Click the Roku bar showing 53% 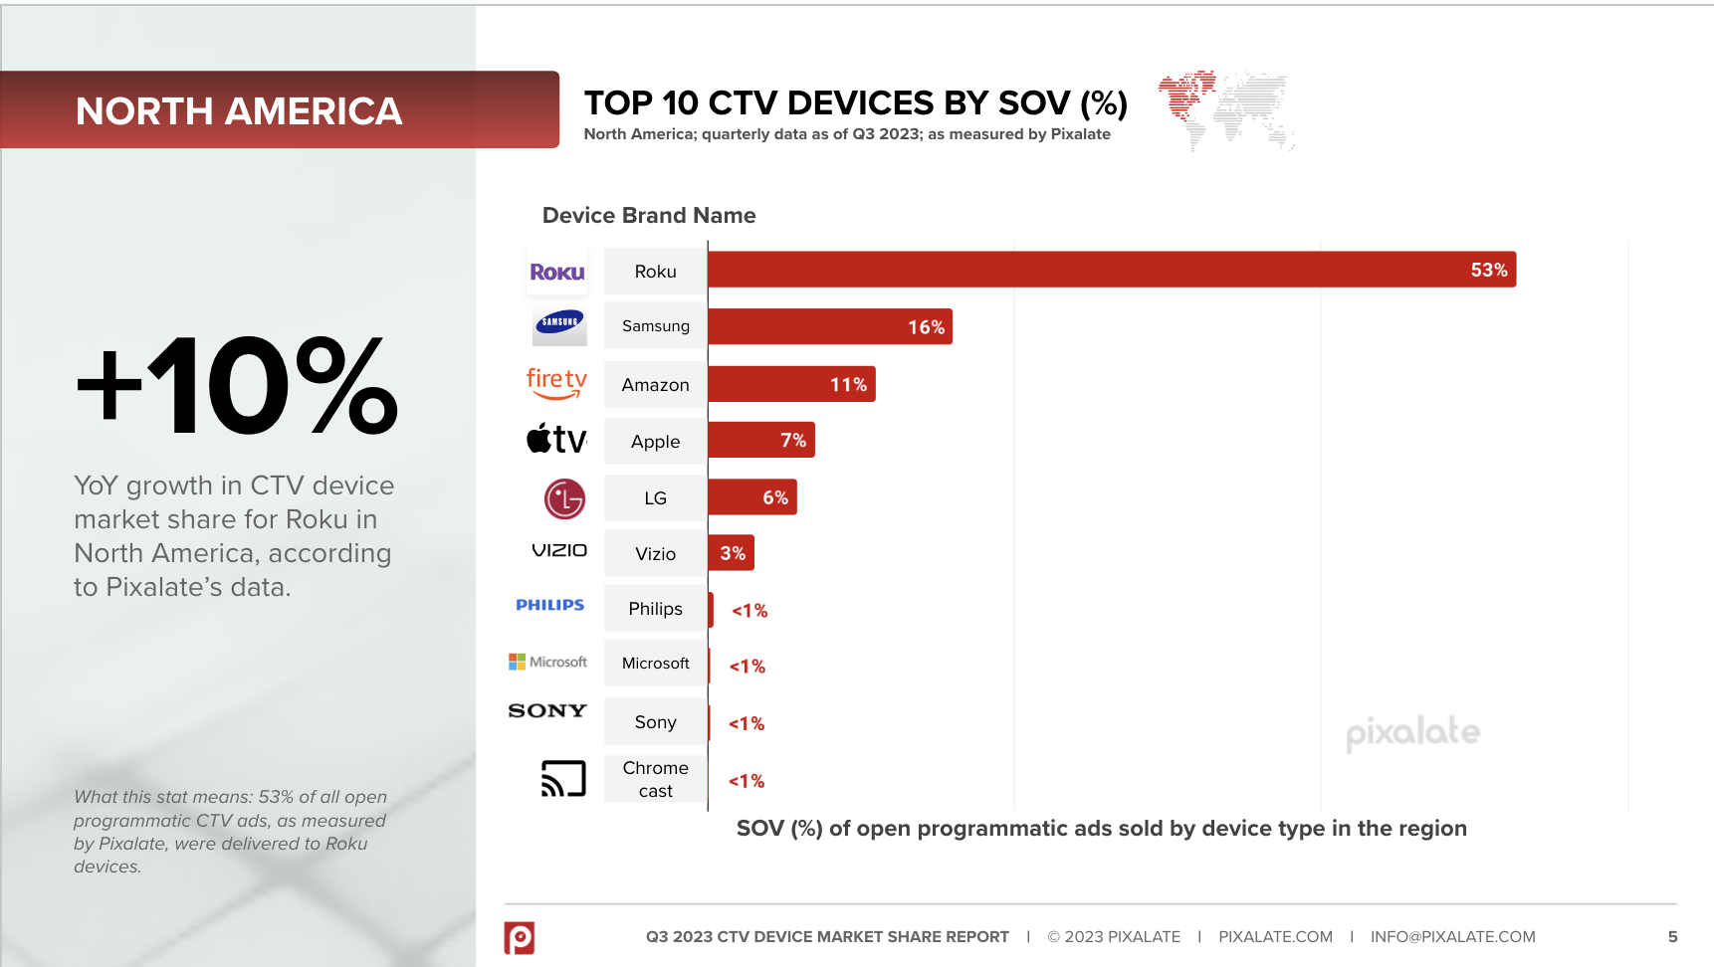tap(1111, 270)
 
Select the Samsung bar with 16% tap(829, 326)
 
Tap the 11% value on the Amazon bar tap(848, 385)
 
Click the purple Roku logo tap(556, 273)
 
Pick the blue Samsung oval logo tap(559, 322)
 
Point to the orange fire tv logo tap(556, 383)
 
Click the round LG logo tap(564, 499)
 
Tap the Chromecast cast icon tap(563, 778)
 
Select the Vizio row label tap(655, 554)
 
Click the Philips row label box tap(655, 609)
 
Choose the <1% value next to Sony tap(747, 724)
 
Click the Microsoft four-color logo tap(517, 662)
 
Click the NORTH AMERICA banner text tap(239, 111)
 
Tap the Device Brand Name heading tap(649, 216)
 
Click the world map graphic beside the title tap(1226, 108)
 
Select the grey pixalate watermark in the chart tap(1412, 733)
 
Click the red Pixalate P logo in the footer tap(520, 937)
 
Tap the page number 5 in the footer tap(1672, 937)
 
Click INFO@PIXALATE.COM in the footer tap(1452, 937)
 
